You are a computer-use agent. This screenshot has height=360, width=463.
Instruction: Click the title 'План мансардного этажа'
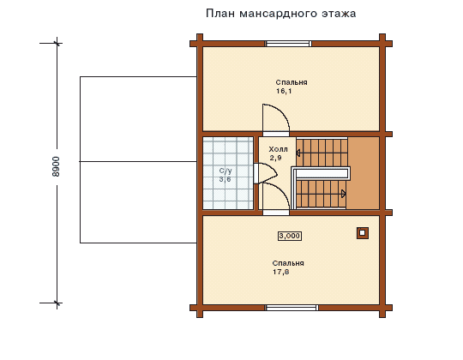281,14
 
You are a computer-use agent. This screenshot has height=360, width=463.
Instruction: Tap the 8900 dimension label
56,167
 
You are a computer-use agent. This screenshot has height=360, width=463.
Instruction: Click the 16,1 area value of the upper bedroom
284,91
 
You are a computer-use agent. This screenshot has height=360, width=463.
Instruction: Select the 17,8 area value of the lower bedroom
281,272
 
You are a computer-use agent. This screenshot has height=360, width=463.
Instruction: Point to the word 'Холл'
278,149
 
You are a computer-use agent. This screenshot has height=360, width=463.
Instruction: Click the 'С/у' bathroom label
225,171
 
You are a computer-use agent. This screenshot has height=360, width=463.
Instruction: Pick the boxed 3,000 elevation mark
290,236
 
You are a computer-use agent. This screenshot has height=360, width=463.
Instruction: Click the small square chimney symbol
363,233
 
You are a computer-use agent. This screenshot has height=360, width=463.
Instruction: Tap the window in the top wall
288,44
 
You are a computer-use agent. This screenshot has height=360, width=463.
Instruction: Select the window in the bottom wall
292,308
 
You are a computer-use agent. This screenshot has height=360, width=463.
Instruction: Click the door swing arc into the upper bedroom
284,111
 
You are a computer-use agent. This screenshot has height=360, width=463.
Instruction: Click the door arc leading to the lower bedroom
283,192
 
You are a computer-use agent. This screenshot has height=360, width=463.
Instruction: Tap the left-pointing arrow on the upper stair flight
298,153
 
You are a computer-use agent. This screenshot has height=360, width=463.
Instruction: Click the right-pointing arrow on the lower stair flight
344,194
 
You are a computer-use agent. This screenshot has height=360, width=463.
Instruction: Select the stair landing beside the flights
364,173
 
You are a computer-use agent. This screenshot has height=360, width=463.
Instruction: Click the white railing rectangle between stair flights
322,173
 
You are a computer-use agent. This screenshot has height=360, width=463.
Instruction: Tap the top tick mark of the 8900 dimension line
57,44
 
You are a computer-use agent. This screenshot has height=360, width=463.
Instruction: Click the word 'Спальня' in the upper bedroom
292,82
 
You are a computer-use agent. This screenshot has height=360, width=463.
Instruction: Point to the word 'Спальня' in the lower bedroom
288,263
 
